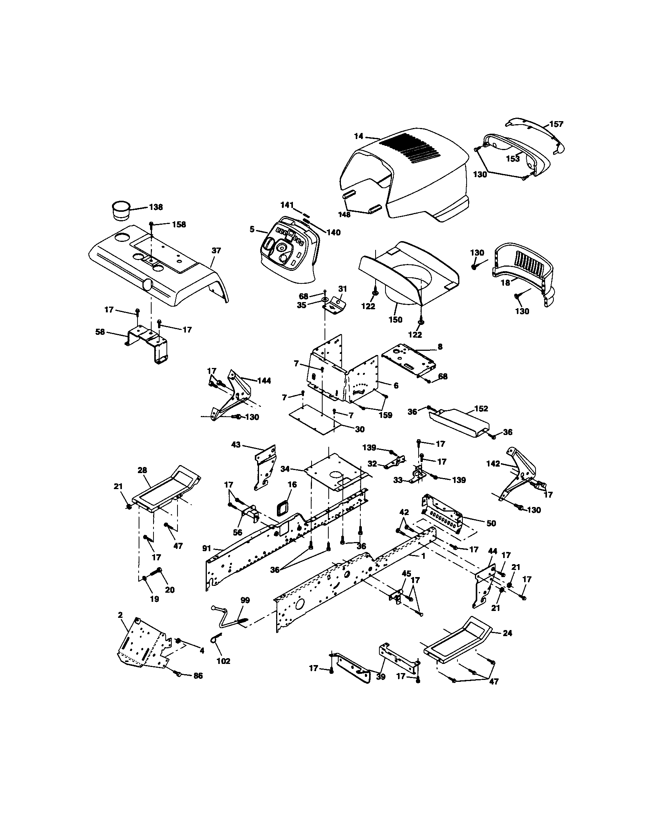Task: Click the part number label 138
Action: pos(155,207)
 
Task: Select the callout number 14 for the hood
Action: pos(358,136)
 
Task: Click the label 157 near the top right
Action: pos(556,124)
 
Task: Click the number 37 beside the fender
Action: pos(216,251)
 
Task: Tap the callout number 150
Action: pos(395,320)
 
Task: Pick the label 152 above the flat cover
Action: pos(481,409)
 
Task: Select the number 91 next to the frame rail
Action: pos(207,548)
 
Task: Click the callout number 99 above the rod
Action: pos(245,600)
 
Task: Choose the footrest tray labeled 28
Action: pos(165,489)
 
